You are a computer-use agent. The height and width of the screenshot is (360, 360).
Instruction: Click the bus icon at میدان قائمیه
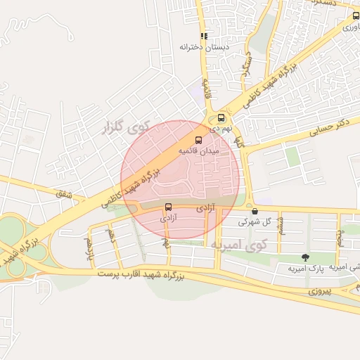[x=198, y=140]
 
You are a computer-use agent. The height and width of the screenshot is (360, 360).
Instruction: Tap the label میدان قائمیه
[x=198, y=151]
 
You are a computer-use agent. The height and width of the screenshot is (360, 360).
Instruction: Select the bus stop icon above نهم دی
[x=221, y=118]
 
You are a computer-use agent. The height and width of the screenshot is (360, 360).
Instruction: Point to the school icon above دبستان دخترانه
[x=204, y=36]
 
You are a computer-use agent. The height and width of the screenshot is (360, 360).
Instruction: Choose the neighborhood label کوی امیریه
[x=239, y=244]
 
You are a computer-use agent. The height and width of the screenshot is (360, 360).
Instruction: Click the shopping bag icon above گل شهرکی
[x=254, y=210]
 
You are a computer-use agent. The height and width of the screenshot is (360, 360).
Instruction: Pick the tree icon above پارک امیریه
[x=304, y=257]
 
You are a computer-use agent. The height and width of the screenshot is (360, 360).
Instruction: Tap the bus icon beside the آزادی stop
[x=168, y=207]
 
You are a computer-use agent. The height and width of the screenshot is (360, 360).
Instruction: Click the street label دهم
[x=110, y=233]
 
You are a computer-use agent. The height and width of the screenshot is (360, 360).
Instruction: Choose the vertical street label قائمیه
[x=207, y=88]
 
